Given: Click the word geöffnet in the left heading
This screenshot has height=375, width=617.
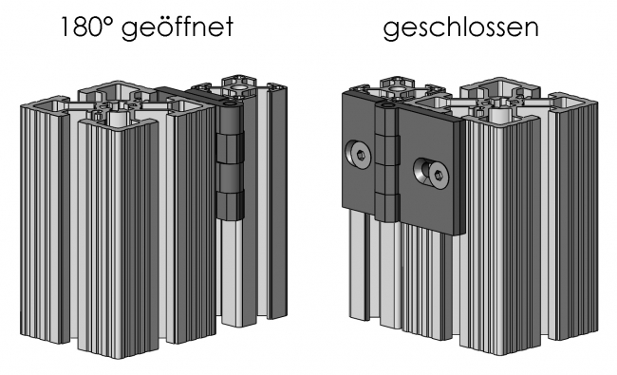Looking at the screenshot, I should coord(183,28).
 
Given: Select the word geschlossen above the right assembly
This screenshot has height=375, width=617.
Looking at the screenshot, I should coord(460,28).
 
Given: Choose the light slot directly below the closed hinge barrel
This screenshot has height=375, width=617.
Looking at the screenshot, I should coord(388,275).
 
